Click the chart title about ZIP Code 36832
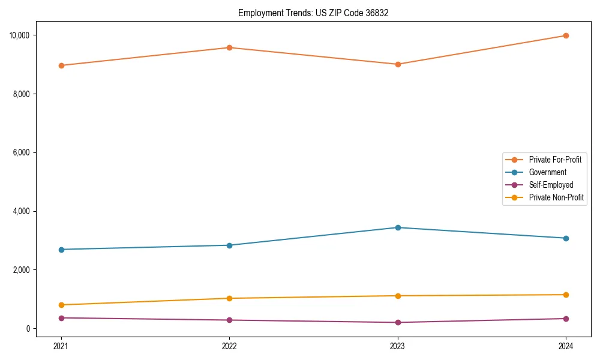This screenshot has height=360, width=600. point(313,13)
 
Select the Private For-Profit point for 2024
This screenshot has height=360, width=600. point(566,35)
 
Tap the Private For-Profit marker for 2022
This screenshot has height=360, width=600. point(229,47)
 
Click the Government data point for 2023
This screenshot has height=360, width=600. point(398,227)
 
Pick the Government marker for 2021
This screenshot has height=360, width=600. point(61,250)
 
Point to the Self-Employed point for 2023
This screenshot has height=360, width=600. point(398,322)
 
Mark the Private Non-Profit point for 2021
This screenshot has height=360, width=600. point(61,305)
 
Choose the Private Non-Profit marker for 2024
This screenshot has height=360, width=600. point(566,295)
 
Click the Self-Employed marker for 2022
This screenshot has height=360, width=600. point(229,320)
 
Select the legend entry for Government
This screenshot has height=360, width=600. point(547,172)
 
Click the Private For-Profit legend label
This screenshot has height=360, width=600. point(554,160)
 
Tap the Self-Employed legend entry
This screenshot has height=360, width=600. point(551,185)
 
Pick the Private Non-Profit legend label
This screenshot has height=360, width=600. point(556,197)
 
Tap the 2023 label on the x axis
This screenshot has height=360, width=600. point(398,346)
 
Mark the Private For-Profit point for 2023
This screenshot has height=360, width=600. point(398,64)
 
